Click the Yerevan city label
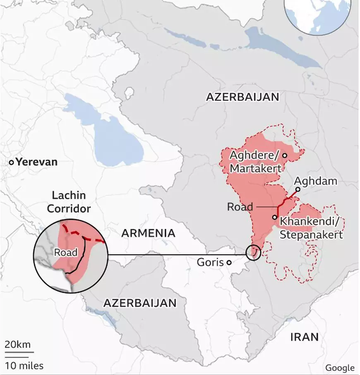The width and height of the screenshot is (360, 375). (x=37, y=162)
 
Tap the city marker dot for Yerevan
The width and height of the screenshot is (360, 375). (x=12, y=162)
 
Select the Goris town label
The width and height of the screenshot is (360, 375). (x=210, y=262)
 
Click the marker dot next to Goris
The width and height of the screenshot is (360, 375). (x=229, y=263)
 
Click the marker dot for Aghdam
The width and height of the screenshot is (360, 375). (x=298, y=190)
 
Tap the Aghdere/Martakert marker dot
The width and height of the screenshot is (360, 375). (x=285, y=155)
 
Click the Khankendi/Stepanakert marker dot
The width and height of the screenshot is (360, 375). (x=274, y=217)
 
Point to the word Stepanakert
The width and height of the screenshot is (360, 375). (x=312, y=234)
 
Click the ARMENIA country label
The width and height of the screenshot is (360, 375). (x=148, y=233)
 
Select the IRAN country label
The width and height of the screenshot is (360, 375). (x=304, y=337)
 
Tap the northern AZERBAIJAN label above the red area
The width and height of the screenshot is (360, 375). (x=242, y=97)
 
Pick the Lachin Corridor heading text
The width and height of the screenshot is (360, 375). (x=69, y=202)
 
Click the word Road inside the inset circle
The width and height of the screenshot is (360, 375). (x=66, y=252)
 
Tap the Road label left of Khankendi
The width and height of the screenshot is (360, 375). (x=240, y=207)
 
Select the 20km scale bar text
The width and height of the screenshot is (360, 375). (x=17, y=344)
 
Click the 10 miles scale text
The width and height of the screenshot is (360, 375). (x=24, y=365)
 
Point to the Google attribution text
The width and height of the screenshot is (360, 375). (x=340, y=368)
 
